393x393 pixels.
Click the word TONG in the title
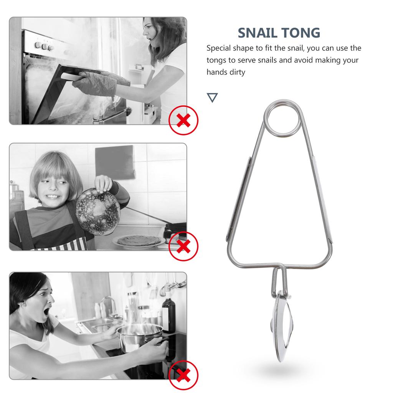click(x=301, y=33)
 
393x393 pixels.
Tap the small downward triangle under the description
click(x=212, y=97)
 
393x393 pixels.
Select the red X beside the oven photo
click(x=183, y=120)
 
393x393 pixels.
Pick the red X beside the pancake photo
click(x=183, y=246)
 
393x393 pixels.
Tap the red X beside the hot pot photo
click(x=183, y=375)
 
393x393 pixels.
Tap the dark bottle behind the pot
click(x=168, y=315)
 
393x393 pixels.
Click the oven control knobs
click(x=44, y=46)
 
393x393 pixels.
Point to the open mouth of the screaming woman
click(x=46, y=312)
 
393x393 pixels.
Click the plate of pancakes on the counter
click(x=139, y=242)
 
